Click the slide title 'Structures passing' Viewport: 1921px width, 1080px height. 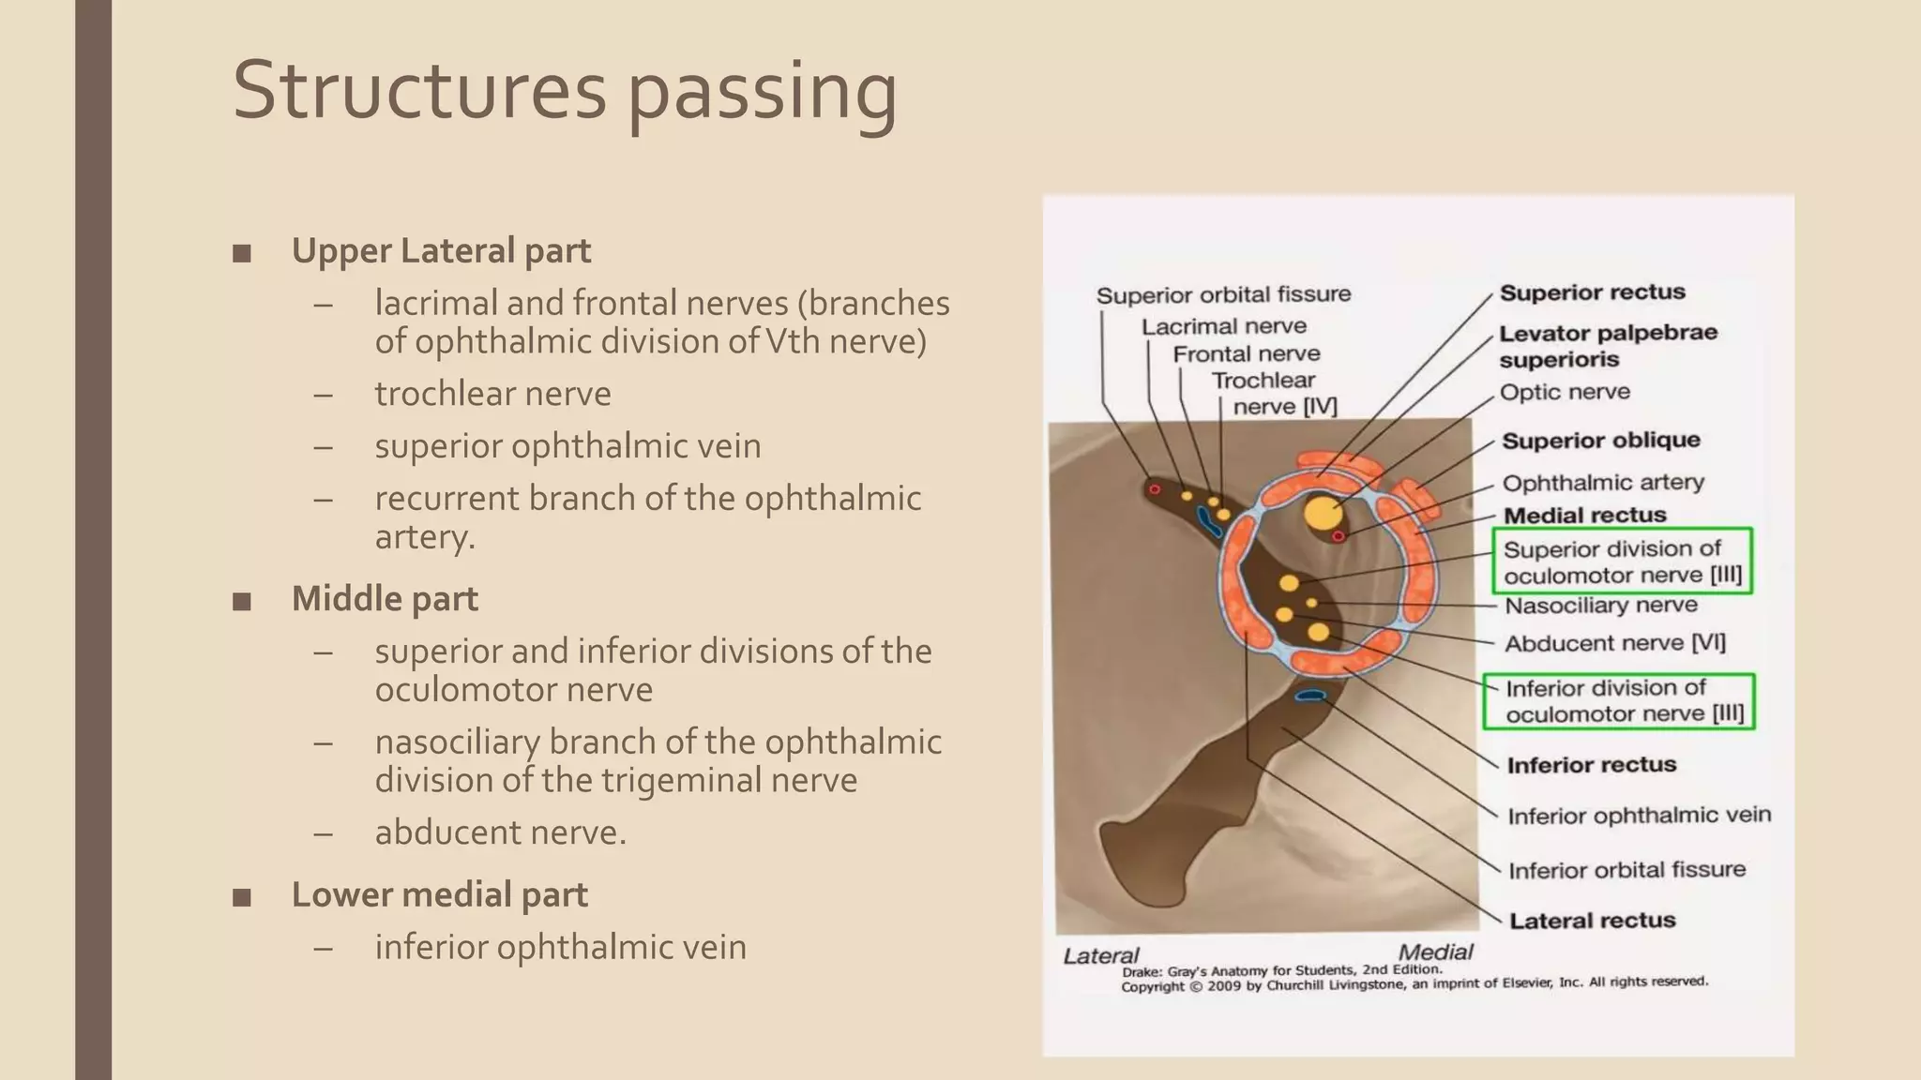pos(564,91)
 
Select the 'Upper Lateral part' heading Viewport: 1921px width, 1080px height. pos(441,251)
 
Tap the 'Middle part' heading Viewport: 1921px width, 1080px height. pos(385,599)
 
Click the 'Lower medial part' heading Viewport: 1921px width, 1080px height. pos(439,895)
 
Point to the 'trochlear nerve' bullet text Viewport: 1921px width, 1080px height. pos(492,394)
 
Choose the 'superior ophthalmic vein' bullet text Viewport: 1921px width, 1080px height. pos(567,446)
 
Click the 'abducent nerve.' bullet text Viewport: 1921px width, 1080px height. pos(500,832)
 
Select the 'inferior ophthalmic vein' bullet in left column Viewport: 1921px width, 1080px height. pos(560,947)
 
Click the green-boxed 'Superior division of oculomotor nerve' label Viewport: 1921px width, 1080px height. pos(1622,562)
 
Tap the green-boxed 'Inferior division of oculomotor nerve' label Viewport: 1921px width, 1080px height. pos(1624,701)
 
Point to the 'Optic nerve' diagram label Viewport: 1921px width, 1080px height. pos(1565,392)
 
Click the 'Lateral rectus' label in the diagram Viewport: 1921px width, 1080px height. pos(1592,921)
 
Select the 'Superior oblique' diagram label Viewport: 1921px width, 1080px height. pos(1600,441)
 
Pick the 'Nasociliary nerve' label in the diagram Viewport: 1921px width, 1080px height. pos(1600,606)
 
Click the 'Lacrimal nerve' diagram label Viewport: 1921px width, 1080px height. pos(1223,326)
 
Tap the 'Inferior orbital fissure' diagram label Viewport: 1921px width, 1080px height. pos(1626,870)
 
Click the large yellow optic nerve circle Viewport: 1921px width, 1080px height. pos(1323,514)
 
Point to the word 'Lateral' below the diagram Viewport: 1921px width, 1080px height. pos(1100,955)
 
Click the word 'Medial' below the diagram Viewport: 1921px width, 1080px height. pos(1435,952)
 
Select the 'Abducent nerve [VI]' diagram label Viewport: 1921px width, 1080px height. pos(1614,643)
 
